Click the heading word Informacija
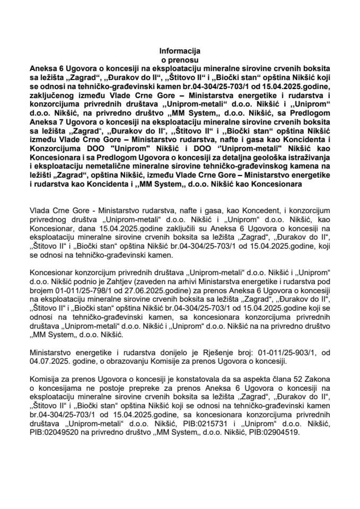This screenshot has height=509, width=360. click(180, 51)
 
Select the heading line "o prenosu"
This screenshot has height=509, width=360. click(180, 60)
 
